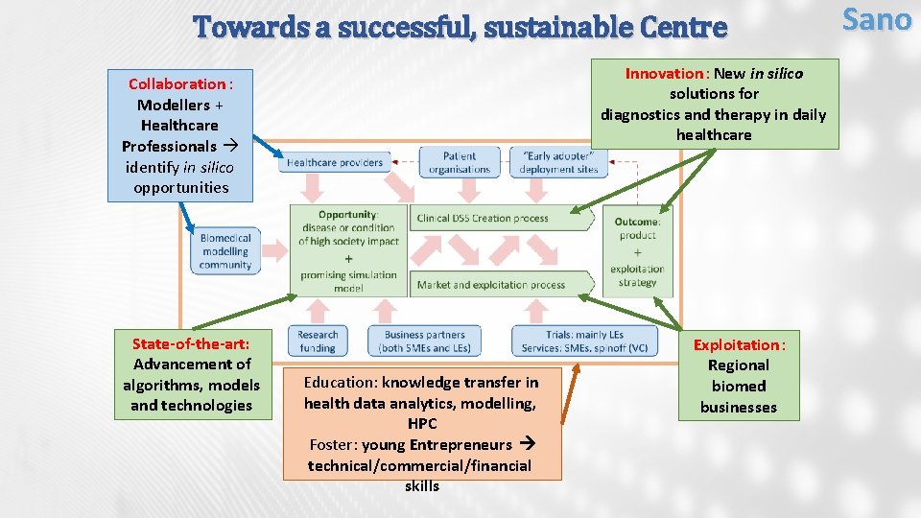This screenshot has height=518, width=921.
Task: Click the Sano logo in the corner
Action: click(x=876, y=19)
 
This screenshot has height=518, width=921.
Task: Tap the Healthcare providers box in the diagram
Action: click(x=335, y=163)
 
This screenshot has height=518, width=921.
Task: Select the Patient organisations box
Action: click(x=460, y=163)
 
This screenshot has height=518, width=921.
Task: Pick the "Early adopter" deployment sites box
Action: click(x=558, y=163)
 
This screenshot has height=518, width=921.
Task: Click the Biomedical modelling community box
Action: click(x=226, y=251)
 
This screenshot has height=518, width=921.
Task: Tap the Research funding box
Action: click(x=318, y=341)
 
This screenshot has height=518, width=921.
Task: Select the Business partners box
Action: click(x=425, y=341)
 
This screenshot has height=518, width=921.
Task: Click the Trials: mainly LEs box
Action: click(x=584, y=341)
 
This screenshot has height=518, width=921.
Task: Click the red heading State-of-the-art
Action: click(x=191, y=343)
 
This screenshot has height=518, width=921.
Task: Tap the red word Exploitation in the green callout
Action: click(x=737, y=344)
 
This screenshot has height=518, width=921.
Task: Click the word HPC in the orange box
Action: click(x=422, y=424)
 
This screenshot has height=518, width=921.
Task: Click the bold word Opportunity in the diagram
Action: click(x=347, y=215)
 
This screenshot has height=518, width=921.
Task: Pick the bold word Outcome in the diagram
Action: click(x=637, y=222)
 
